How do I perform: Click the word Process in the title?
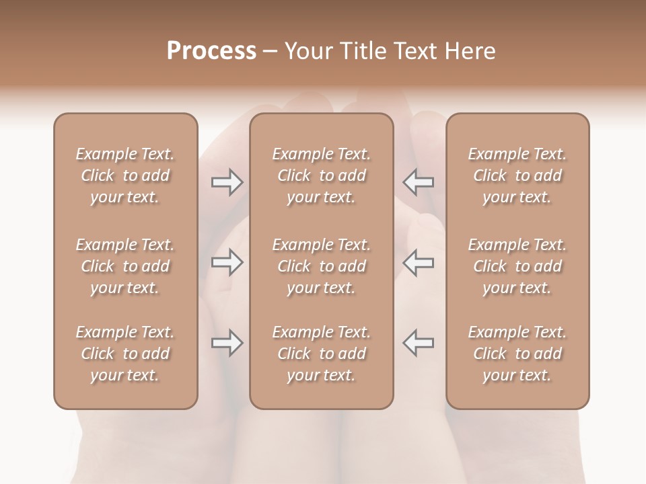point(211,51)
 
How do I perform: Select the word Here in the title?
point(469,51)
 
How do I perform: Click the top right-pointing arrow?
point(227,182)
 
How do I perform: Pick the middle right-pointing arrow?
point(227,261)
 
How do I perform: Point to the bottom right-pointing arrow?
point(227,343)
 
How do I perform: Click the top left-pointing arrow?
point(418,182)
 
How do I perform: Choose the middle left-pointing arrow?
point(418,261)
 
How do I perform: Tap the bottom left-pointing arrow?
point(418,343)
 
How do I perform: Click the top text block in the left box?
point(125,175)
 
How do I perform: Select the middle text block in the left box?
point(125,266)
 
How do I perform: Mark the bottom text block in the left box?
point(125,354)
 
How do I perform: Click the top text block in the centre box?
point(321,175)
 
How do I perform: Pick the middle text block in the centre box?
point(321,266)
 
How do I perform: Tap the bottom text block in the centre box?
point(321,354)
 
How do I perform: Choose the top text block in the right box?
point(517,175)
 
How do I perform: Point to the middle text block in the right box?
point(517,266)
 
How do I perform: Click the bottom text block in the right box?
point(517,354)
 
